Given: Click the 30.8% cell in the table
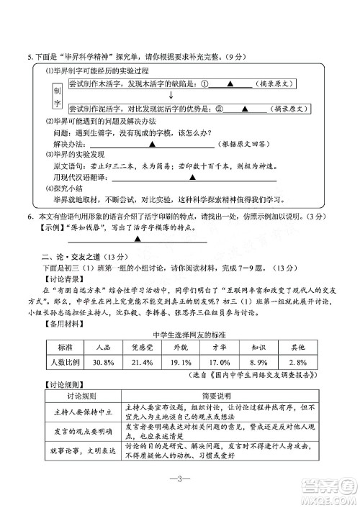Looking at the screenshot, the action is pos(102,362).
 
